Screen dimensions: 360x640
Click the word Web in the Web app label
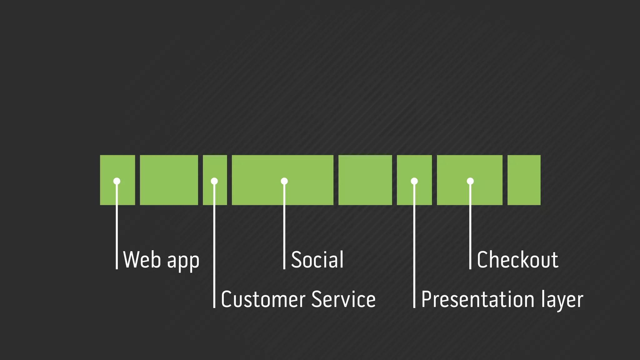click(x=142, y=260)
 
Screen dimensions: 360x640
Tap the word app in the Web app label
click(x=183, y=261)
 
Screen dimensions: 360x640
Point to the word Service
click(x=343, y=299)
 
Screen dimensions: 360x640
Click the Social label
click(x=317, y=260)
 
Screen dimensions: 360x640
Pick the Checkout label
click(x=517, y=260)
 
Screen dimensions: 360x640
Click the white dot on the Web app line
click(x=117, y=181)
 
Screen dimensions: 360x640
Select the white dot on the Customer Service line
click(x=214, y=181)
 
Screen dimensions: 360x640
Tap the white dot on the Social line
click(x=284, y=181)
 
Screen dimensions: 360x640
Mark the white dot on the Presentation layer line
click(x=414, y=181)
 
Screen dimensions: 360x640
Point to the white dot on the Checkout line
click(x=470, y=181)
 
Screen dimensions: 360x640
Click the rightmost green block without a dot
click(x=524, y=180)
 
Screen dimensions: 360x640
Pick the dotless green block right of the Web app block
click(x=169, y=180)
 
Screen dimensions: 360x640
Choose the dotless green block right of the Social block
click(x=365, y=180)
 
